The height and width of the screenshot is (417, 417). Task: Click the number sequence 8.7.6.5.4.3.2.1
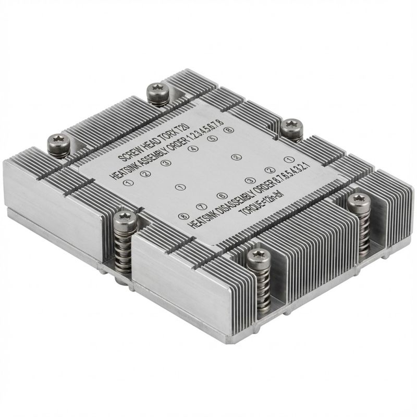[282, 180]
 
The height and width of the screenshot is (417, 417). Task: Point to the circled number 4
[192, 149]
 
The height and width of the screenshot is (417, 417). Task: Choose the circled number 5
[211, 139]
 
